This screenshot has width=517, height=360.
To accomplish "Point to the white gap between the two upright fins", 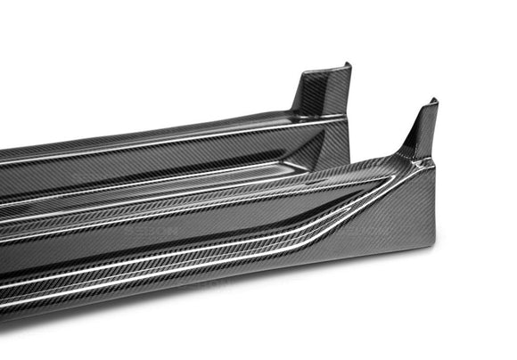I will point(383,98).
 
